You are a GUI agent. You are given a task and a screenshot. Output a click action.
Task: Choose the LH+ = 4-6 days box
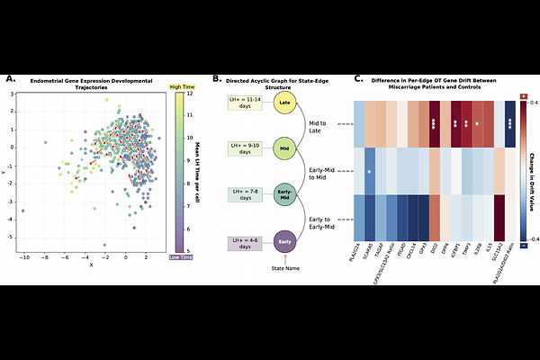pos(245,242)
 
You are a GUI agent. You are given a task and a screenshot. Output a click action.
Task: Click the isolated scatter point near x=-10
pos(23,211)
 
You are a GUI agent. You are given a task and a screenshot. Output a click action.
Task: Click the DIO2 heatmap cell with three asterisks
pos(436,123)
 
